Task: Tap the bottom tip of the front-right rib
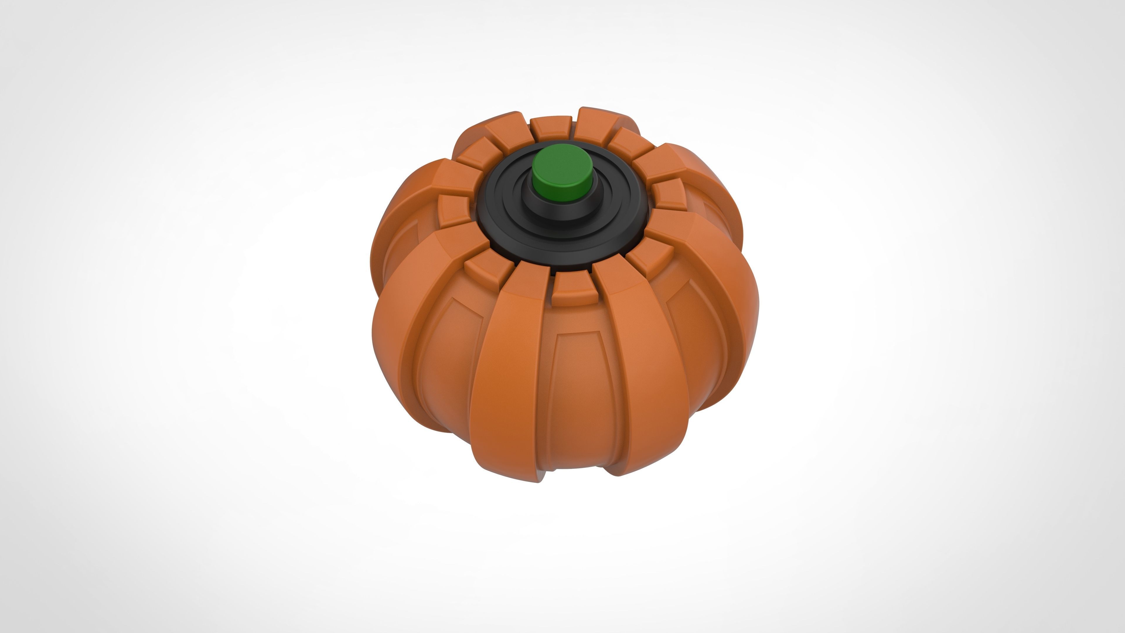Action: pos(618,472)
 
